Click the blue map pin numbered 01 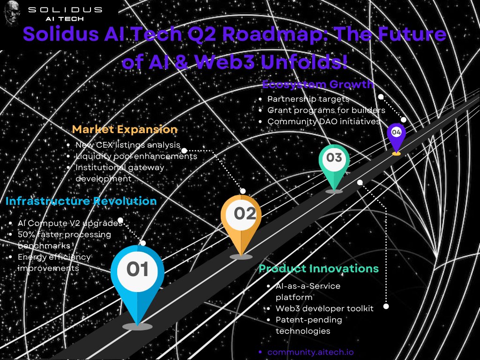pos(137,277)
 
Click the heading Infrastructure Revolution pos(81,201)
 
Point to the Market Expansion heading pos(125,129)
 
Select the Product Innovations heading pos(319,269)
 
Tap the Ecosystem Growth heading pos(318,85)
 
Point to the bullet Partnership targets pos(308,99)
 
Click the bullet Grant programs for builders pos(326,111)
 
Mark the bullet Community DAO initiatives pos(324,121)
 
